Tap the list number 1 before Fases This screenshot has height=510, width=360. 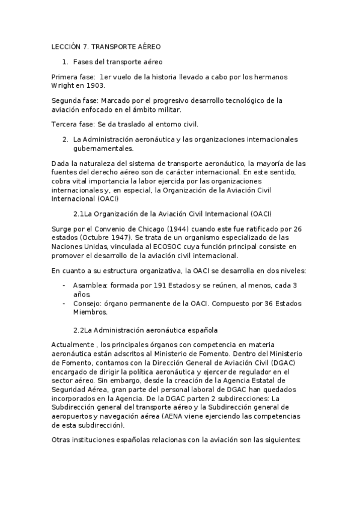point(65,61)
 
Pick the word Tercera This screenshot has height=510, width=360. point(65,124)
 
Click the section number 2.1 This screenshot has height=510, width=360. point(79,213)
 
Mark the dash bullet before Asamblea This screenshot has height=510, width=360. point(64,285)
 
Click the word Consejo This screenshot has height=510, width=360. point(87,303)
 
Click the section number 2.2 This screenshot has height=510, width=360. point(79,330)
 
